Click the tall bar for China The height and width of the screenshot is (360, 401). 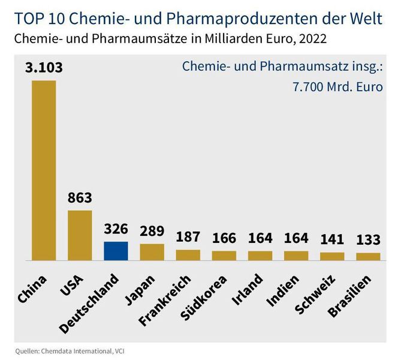pos(44,170)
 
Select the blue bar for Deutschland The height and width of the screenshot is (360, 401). pos(116,251)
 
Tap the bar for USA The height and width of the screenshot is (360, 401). pos(80,235)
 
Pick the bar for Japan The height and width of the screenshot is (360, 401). pos(152,252)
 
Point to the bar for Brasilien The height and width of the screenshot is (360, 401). pos(368,257)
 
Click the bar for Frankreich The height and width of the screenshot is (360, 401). pos(188,255)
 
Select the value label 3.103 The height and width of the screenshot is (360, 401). pos(44,67)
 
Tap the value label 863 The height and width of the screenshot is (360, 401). pos(80,197)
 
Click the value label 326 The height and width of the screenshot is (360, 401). pos(116,229)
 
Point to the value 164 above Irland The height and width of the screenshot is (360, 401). pos(260,238)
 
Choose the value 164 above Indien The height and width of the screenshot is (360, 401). pos(296,238)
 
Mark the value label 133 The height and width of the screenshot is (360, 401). pos(368,239)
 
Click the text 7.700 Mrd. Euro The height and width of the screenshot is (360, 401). pos(337,86)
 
